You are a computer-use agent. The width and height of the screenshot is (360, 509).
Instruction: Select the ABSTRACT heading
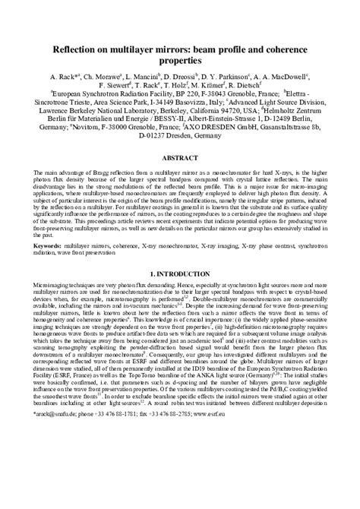point(180,158)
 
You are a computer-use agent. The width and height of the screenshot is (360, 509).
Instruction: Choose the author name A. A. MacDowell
point(284,77)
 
